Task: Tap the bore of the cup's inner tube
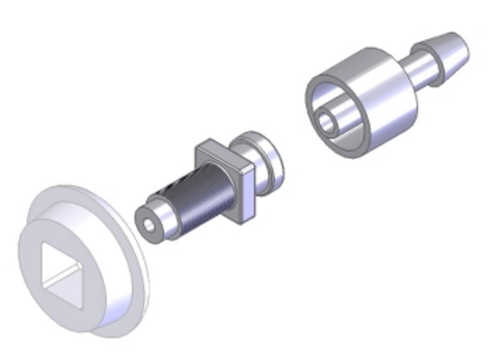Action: point(327,121)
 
